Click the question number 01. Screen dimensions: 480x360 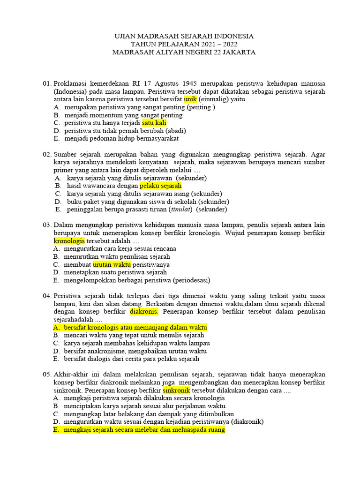(x=47, y=83)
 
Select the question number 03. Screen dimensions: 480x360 (x=47, y=225)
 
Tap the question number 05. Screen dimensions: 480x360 (x=47, y=375)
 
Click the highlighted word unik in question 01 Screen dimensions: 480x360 (x=190, y=99)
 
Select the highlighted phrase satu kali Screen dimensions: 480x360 (x=154, y=123)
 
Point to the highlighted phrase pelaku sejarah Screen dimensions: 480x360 (x=160, y=186)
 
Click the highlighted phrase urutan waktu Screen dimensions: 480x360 (x=112, y=264)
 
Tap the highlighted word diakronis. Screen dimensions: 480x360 (x=144, y=312)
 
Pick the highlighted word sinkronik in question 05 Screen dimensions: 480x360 (x=176, y=390)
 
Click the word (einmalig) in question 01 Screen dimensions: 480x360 (x=214, y=99)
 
